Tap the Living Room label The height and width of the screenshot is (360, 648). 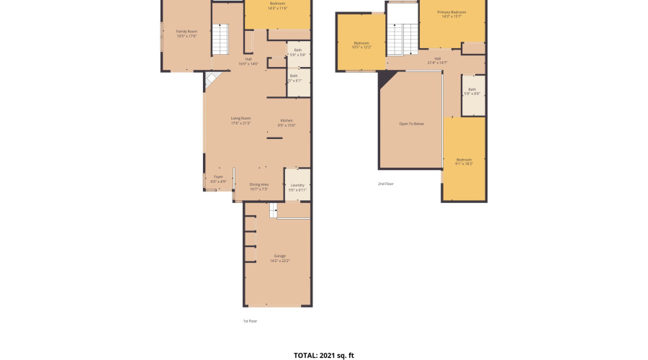point(240,120)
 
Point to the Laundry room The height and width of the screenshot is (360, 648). point(297,187)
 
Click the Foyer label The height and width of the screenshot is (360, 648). point(218,179)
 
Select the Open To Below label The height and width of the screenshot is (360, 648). point(411,124)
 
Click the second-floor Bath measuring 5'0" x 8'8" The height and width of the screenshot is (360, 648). point(472,91)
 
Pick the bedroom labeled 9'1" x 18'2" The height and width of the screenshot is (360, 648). point(464,161)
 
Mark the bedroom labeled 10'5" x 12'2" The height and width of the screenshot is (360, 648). point(361,45)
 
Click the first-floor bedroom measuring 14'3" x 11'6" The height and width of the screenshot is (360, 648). point(277,6)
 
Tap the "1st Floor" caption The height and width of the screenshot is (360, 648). point(250,320)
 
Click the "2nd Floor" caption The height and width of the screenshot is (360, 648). point(386,184)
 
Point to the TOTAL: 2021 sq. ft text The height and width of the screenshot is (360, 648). point(323,355)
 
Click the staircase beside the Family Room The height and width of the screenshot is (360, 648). point(220,40)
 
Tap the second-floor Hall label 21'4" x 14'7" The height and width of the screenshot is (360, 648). point(438,60)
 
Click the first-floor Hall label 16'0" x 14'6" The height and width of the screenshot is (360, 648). point(248,61)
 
